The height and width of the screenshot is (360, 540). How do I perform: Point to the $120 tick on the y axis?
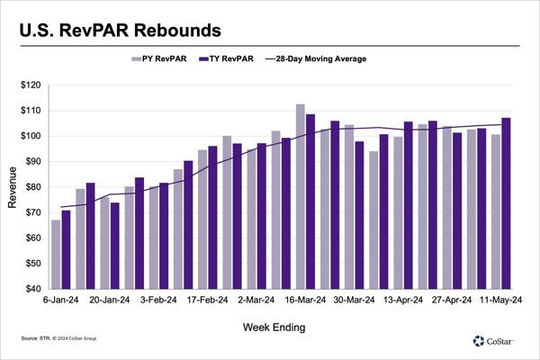32,85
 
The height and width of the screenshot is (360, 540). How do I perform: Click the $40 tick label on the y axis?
34,289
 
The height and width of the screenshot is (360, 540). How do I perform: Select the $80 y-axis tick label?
34,187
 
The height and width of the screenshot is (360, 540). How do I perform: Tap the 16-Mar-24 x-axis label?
305,301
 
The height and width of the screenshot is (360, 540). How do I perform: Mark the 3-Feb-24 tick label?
157,301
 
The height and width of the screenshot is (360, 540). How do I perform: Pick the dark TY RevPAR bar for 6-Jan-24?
66,249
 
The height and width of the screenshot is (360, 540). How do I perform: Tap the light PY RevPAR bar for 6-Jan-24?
56,254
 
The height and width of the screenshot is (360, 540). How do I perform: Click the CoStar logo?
494,340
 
